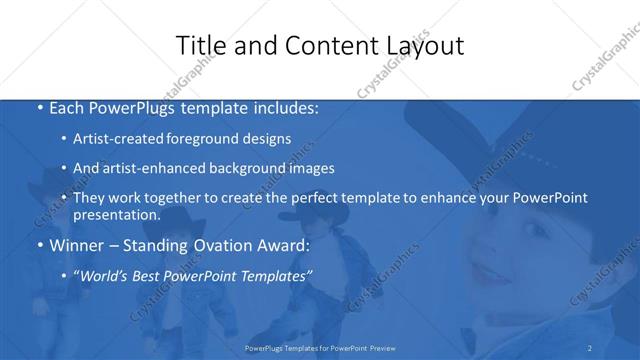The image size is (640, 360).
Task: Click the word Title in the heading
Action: (x=200, y=46)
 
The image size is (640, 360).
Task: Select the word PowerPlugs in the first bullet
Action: (x=134, y=107)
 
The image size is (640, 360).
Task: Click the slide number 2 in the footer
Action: (x=591, y=348)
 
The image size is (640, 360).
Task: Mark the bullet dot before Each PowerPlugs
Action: (x=38, y=108)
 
